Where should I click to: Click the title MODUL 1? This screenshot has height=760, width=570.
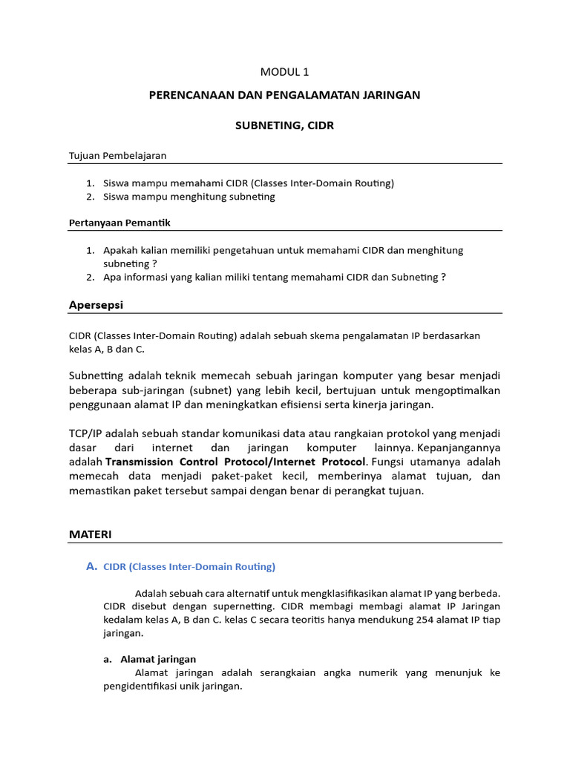[284, 72]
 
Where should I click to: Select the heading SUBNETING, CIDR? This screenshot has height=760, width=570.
[284, 125]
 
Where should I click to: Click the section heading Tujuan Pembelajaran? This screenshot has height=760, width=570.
[117, 155]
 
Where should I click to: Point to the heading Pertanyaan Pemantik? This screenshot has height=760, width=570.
[119, 223]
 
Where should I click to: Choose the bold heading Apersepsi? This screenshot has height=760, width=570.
[96, 305]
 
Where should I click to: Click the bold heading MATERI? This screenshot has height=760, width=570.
[90, 534]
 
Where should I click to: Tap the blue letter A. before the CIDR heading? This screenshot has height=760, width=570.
[91, 566]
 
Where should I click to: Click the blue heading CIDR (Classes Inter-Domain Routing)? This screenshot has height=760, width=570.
[189, 567]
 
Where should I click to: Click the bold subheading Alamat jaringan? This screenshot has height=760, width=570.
[157, 659]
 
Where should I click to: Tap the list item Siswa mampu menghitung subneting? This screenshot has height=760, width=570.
[189, 197]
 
